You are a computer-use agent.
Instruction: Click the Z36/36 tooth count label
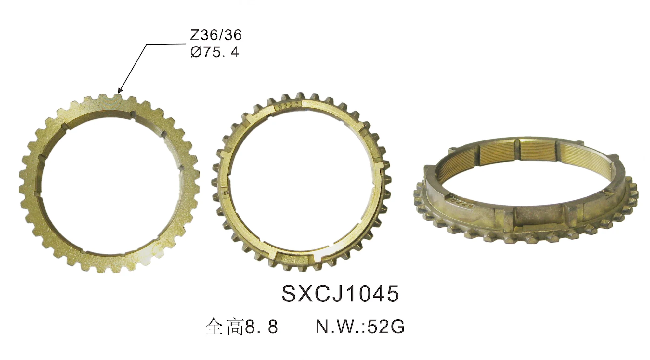pyautogui.click(x=216, y=35)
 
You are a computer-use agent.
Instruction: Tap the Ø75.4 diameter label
pyautogui.click(x=214, y=52)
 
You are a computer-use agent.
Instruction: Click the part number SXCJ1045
pyautogui.click(x=340, y=294)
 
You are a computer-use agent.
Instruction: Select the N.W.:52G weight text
pyautogui.click(x=360, y=327)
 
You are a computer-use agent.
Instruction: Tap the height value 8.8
pyautogui.click(x=262, y=327)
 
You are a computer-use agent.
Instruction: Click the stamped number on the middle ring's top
pyautogui.click(x=289, y=107)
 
